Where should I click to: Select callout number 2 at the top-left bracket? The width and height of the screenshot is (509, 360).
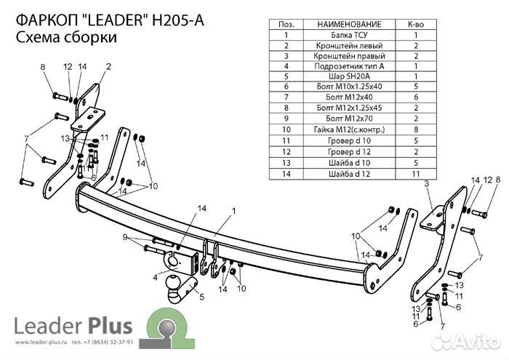[x=108, y=67]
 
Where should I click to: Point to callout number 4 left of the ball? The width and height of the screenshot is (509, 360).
[x=155, y=277]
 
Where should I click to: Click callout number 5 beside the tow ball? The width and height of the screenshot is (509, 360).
[x=201, y=296]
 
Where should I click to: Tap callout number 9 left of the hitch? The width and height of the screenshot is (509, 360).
[x=125, y=237]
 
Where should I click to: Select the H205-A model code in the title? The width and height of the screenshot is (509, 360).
[x=177, y=20]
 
